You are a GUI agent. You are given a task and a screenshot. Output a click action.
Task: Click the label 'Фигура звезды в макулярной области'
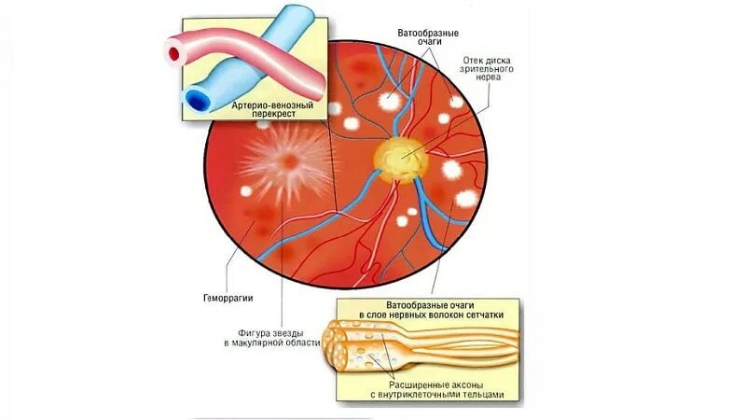(271, 337)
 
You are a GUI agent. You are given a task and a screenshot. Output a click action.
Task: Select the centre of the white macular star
(290, 161)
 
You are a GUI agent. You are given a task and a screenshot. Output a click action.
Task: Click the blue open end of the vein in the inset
(199, 96)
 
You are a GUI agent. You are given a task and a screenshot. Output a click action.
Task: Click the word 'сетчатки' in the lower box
(483, 316)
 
